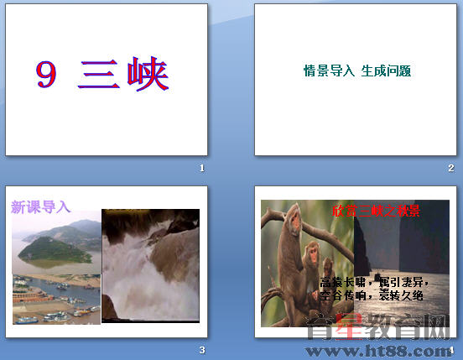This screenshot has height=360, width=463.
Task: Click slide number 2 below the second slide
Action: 450,169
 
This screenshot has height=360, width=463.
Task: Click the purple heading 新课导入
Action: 41,207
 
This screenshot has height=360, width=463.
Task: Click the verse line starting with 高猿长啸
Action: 372,282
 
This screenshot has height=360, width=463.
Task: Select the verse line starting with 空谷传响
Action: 372,295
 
